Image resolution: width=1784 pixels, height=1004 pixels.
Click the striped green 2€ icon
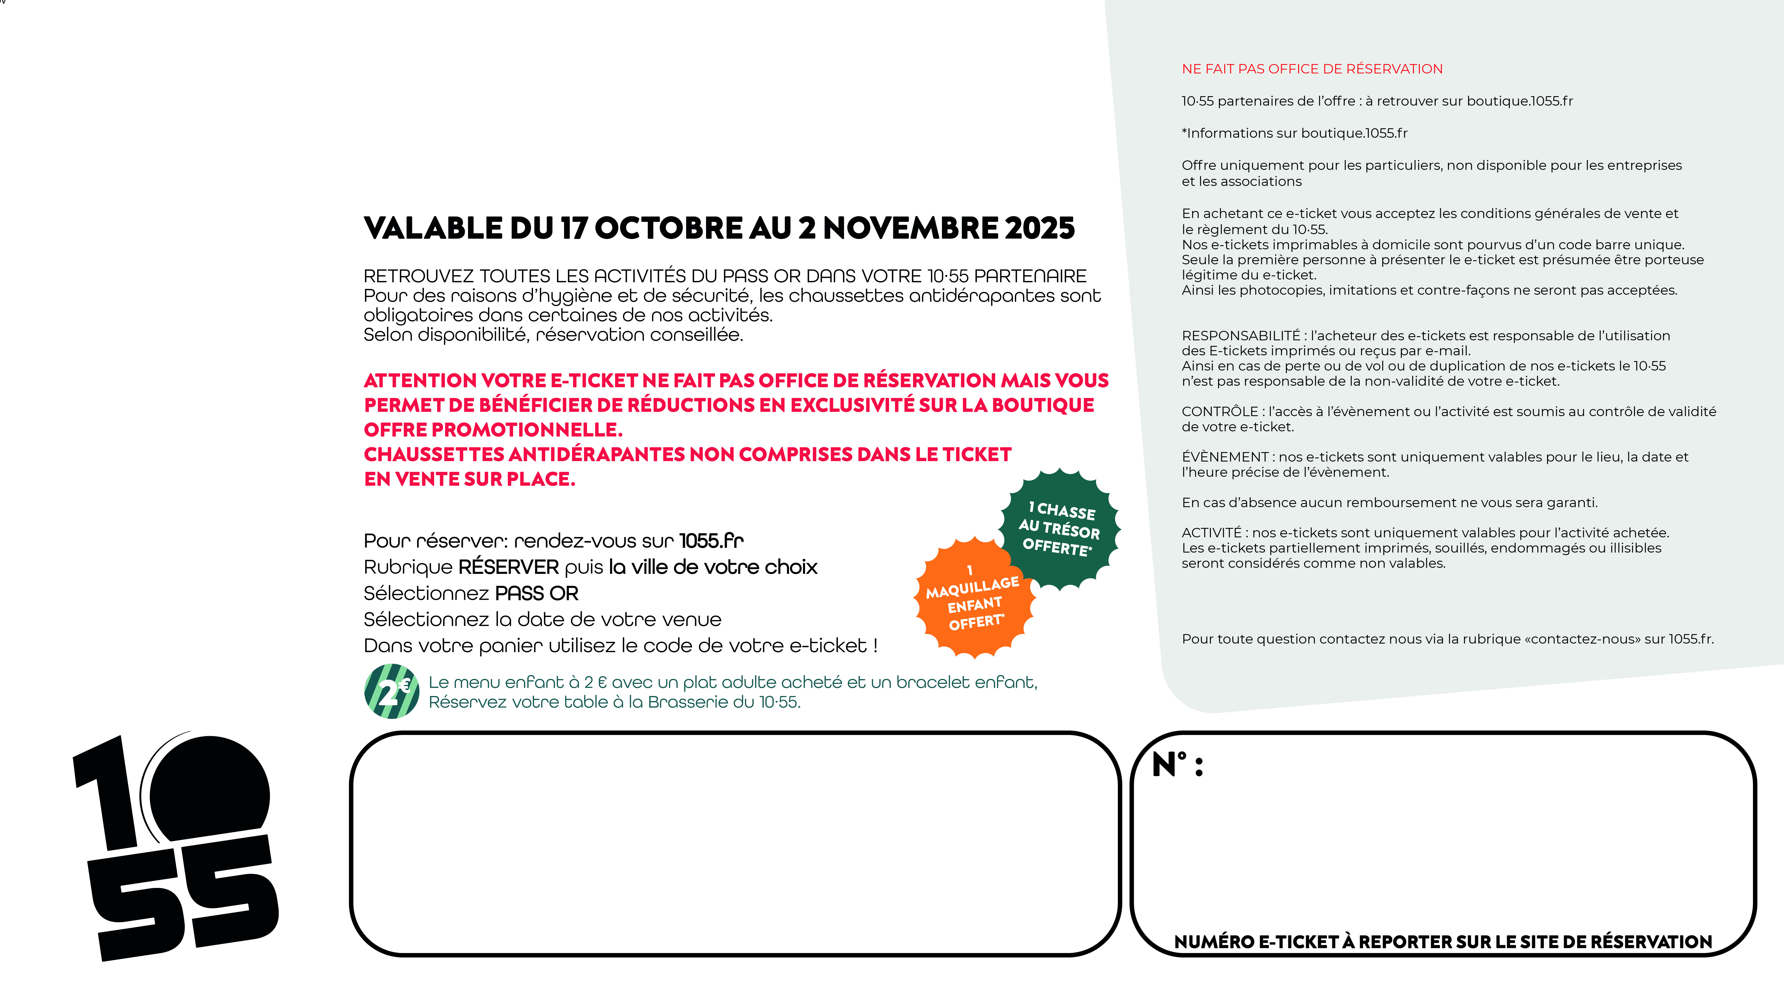point(391,691)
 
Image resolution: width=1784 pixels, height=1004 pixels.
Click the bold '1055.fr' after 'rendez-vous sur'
point(711,541)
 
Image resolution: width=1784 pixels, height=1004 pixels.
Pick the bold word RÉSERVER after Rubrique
point(508,567)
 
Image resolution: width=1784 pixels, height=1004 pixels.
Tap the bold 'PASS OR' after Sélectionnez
point(537,593)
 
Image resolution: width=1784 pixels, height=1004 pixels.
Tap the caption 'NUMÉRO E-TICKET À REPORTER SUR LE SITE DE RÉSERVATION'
point(1443,942)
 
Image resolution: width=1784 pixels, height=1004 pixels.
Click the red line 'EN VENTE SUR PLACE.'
point(469,479)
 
